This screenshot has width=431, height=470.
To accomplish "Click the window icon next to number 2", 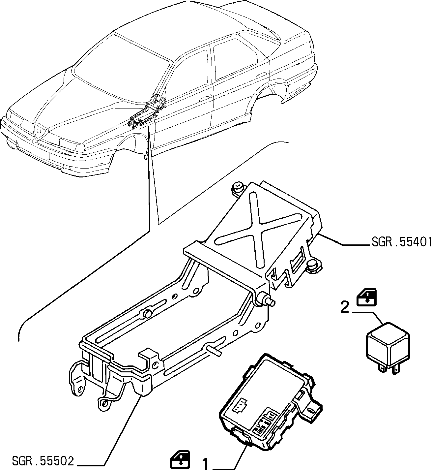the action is coord(367,297).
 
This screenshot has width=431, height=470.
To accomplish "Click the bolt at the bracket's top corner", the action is coord(238,188).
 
